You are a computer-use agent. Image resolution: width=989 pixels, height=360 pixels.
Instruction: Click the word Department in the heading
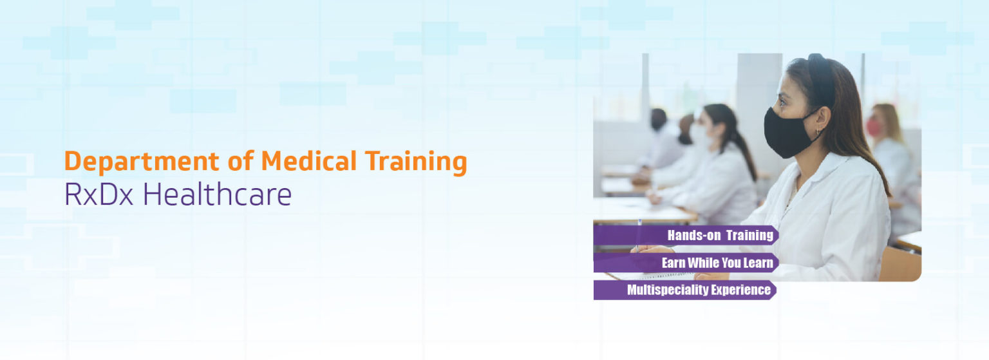click(142, 162)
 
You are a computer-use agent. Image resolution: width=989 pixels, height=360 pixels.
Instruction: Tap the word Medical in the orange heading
click(308, 160)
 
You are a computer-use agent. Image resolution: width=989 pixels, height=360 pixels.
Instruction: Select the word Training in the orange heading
click(416, 162)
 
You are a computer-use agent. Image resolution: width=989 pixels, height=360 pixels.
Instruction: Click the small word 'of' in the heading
click(241, 160)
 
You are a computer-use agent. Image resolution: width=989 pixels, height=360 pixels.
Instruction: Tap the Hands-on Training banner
click(686, 235)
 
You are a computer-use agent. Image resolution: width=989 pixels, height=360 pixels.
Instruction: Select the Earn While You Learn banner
click(686, 263)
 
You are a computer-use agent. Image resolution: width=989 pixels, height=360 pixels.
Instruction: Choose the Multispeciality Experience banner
click(685, 290)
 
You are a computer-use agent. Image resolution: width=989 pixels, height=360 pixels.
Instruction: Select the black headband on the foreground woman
click(825, 79)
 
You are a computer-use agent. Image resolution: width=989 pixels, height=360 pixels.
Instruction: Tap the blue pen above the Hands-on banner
click(639, 235)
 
